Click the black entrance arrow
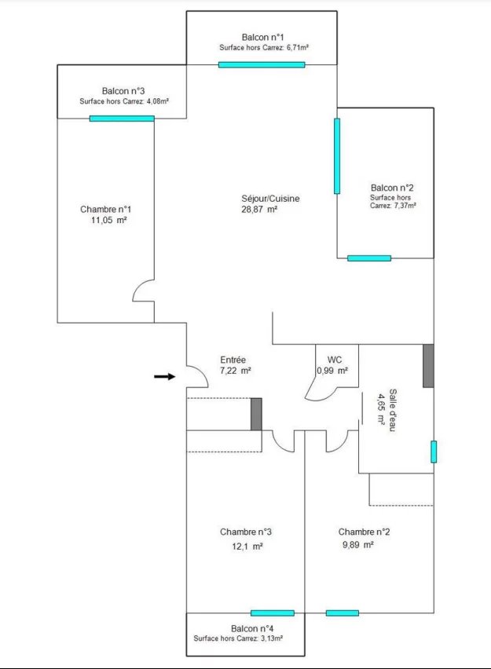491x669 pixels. [165, 376]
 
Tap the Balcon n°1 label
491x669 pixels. [262, 38]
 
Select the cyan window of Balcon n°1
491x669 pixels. [262, 65]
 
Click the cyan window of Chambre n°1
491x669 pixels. [122, 119]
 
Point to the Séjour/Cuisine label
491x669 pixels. [270, 199]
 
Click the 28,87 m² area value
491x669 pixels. [259, 209]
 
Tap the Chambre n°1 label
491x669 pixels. [106, 209]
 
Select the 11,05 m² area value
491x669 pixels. [109, 220]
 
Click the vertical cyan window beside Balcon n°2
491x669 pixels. [337, 156]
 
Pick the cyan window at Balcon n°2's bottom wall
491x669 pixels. [369, 258]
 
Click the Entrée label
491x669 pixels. [233, 360]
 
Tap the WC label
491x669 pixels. [335, 360]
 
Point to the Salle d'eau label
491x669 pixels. [392, 410]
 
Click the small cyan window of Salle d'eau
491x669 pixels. [434, 451]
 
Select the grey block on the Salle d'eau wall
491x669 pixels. [428, 366]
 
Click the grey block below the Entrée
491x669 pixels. [256, 414]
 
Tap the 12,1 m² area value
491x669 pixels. [247, 547]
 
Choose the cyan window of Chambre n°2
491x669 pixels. [343, 613]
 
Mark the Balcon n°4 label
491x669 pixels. [252, 628]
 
